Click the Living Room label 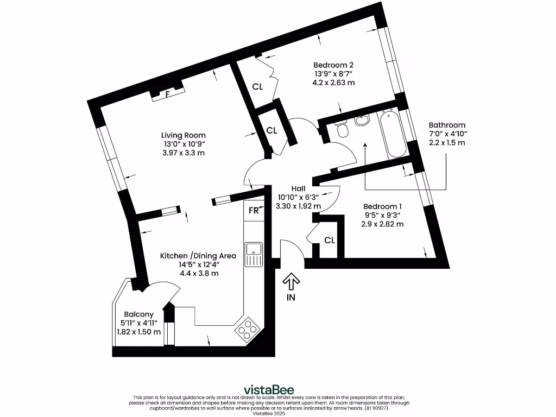(183, 135)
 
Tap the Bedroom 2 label (333, 65)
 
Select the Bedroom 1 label (382, 206)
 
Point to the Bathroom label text (447, 125)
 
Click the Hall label (298, 188)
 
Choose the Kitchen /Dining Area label (198, 256)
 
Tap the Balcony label (138, 314)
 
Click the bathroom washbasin (362, 120)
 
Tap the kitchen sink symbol (253, 255)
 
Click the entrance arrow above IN (292, 281)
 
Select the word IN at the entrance (292, 298)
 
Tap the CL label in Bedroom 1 (330, 240)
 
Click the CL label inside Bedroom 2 (258, 86)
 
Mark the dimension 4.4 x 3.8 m (199, 273)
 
